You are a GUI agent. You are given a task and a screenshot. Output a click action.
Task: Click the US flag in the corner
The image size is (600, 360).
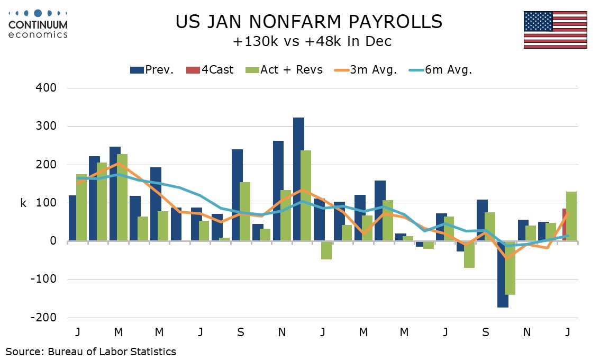pos(555,30)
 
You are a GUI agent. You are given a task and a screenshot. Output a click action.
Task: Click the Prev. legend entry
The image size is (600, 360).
pos(152,70)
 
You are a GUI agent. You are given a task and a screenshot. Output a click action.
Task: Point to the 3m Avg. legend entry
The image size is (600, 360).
pos(366,70)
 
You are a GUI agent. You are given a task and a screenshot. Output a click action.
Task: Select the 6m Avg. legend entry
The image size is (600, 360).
pos(442,70)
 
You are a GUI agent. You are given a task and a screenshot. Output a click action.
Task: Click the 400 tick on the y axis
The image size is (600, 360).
pos(47,88)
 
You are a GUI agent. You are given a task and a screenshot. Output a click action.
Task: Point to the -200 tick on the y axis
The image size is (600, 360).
pos(43,318)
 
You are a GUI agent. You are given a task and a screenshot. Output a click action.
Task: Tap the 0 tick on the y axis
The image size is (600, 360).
pos(53,241)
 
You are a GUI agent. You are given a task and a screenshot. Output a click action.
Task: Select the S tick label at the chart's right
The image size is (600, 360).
pos(486,332)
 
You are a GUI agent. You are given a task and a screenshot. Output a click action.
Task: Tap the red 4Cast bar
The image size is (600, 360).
pos(565,225)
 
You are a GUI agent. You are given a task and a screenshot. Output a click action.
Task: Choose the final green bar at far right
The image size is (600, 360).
pos(571,217)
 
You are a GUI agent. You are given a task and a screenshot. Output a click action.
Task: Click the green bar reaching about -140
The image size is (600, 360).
pos(510,268)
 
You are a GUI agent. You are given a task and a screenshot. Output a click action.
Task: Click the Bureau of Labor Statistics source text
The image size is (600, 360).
pos(91,351)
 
